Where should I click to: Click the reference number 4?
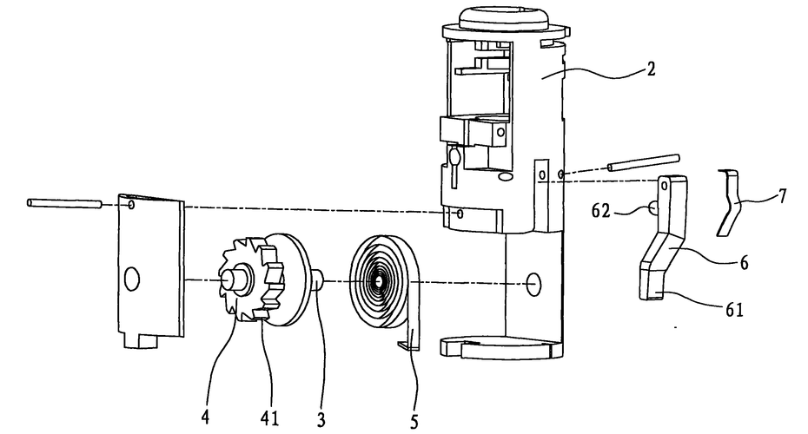[205, 418]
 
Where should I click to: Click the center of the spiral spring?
[379, 281]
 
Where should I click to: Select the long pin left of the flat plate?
[62, 204]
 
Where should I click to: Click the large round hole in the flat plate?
[131, 279]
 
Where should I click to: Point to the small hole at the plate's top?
[130, 207]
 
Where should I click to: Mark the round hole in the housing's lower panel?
[533, 282]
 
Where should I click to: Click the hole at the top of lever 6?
[667, 184]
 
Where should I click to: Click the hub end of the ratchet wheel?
[233, 279]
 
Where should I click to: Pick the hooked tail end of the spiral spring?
[406, 345]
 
